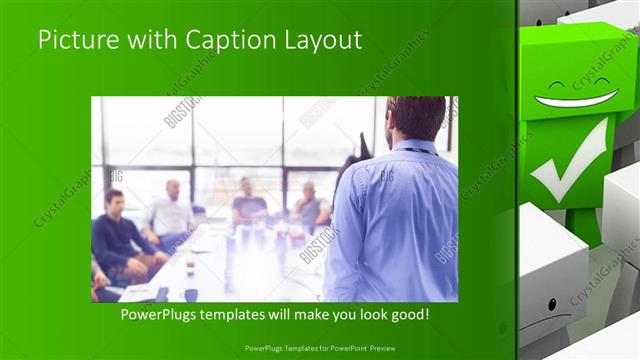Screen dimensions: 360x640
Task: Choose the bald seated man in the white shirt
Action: click(171, 213)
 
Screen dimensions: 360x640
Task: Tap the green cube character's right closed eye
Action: click(604, 79)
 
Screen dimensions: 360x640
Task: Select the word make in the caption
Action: click(309, 314)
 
